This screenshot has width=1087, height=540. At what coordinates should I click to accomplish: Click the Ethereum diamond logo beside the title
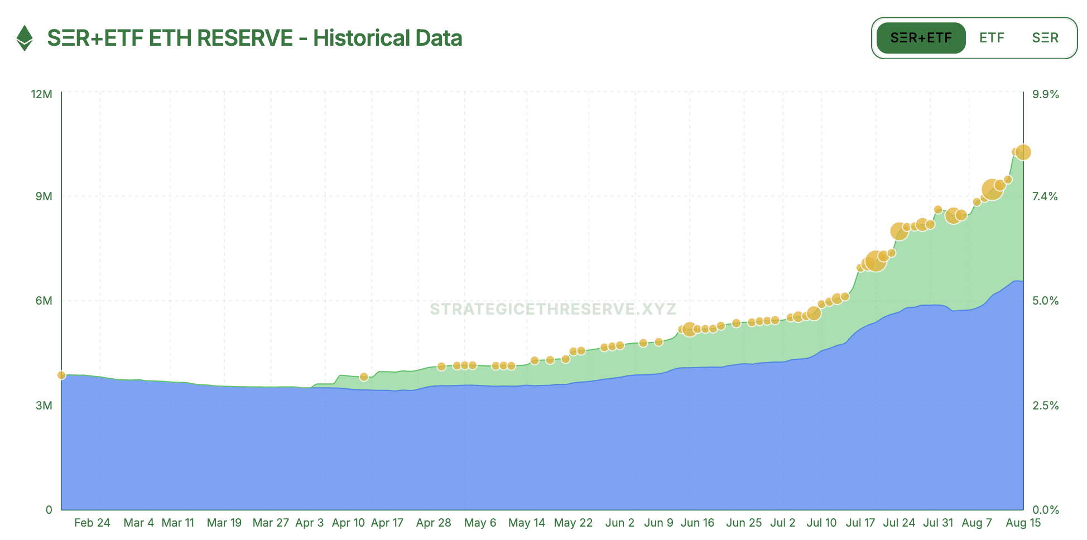[25, 38]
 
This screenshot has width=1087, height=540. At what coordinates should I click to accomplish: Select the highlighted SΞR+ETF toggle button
[921, 38]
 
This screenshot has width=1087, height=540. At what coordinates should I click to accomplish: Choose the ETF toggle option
[992, 38]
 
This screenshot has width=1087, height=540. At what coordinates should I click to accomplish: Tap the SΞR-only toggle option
[1045, 38]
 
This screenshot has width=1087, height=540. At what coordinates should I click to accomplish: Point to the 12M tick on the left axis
[42, 94]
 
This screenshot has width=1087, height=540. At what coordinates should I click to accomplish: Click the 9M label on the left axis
[44, 196]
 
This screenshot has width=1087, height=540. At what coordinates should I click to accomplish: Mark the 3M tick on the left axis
[44, 406]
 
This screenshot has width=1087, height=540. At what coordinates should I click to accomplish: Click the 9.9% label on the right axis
[1045, 94]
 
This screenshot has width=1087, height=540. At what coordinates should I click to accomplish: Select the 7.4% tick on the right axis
[1045, 196]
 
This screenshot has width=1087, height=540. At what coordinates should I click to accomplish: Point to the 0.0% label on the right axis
[1045, 510]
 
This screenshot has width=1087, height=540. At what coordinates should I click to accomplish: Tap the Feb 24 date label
[92, 523]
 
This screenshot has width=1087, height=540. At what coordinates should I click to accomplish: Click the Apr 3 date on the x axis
[309, 523]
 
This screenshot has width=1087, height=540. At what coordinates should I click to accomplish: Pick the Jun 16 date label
[698, 523]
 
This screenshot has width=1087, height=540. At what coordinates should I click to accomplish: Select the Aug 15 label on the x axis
[1023, 523]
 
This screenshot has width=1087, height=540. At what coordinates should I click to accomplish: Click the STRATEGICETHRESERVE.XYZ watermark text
[553, 309]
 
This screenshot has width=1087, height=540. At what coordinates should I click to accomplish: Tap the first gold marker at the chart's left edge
[61, 375]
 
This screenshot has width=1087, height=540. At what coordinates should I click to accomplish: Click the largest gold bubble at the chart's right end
[1023, 152]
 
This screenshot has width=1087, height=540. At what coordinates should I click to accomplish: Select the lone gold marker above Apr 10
[364, 377]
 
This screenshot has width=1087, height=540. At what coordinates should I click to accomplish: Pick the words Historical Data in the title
[387, 38]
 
